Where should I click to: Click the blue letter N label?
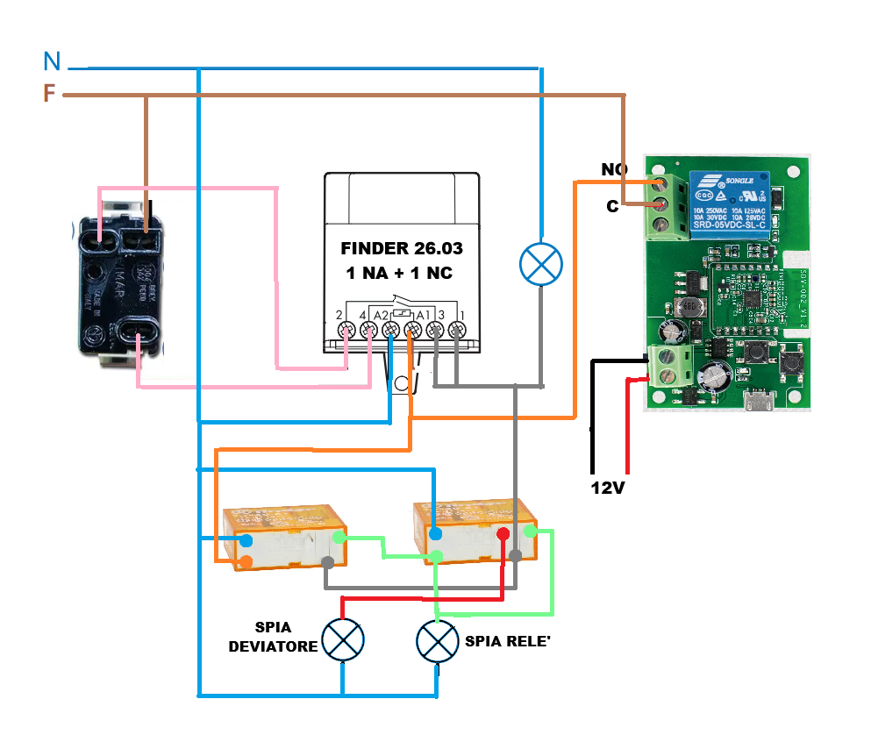click(53, 61)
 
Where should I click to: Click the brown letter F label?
click(50, 94)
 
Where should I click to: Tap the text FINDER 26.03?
click(402, 249)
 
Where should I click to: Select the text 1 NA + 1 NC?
click(399, 274)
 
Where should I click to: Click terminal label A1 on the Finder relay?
click(422, 315)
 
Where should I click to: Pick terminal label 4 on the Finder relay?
click(362, 315)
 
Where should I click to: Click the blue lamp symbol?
click(542, 264)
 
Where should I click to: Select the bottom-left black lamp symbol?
click(342, 640)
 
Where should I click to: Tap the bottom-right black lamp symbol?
click(437, 642)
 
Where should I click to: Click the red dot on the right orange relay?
click(503, 534)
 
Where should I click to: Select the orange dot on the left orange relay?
click(246, 561)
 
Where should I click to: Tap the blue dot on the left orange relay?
click(246, 540)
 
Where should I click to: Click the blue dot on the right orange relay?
click(436, 533)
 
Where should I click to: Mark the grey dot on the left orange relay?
click(328, 562)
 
